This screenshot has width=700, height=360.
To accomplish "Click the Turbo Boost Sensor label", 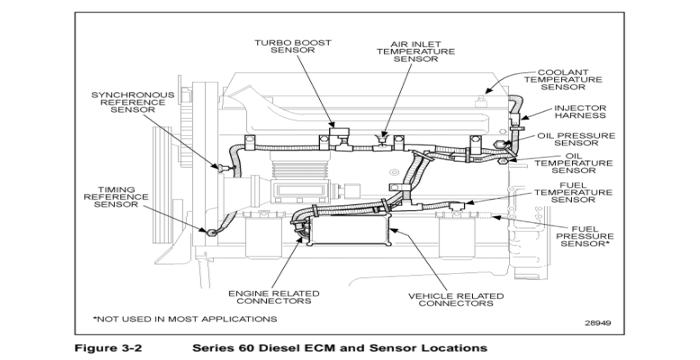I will coord(292,47).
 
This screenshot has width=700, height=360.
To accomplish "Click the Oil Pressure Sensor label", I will coord(576,138).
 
